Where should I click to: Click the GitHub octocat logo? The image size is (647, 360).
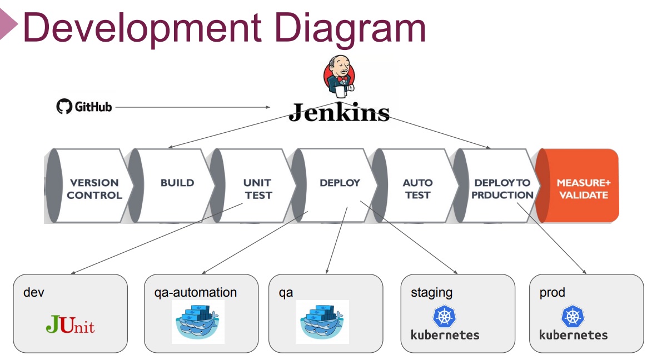pyautogui.click(x=64, y=107)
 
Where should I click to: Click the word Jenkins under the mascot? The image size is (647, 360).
pyautogui.click(x=339, y=112)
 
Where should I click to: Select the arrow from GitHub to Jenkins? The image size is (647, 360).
pyautogui.click(x=193, y=107)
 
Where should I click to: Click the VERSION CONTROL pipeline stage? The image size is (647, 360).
pyautogui.click(x=94, y=189)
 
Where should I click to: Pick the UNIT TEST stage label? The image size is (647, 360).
pyautogui.click(x=258, y=189)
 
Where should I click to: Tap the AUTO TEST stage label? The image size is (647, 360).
pyautogui.click(x=417, y=189)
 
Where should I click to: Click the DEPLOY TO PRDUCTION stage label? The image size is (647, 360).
pyautogui.click(x=502, y=189)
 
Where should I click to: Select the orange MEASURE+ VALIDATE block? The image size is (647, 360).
pyautogui.click(x=578, y=186)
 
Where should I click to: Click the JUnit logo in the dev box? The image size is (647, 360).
pyautogui.click(x=70, y=324)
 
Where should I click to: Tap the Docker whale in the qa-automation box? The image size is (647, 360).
pyautogui.click(x=198, y=322)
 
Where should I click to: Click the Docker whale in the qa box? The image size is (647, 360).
pyautogui.click(x=323, y=322)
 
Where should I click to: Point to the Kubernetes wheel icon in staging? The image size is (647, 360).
pyautogui.click(x=445, y=317)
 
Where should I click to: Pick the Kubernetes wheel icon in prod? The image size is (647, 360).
pyautogui.click(x=573, y=317)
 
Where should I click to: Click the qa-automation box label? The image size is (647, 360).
pyautogui.click(x=196, y=292)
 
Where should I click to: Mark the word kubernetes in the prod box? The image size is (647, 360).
pyautogui.click(x=573, y=335)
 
